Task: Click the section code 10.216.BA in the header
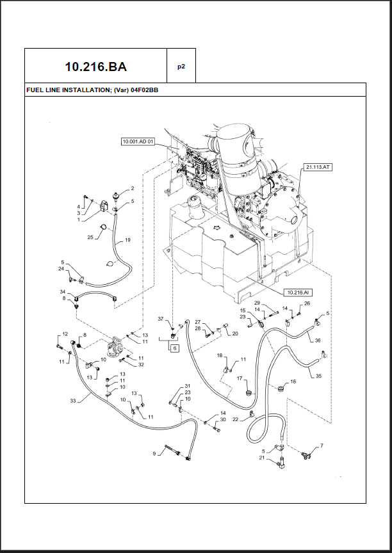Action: coord(95,67)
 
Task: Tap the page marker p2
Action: coord(181,67)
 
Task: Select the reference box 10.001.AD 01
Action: coord(138,142)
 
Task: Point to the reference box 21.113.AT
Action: coord(318,167)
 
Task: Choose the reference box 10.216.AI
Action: coord(298,293)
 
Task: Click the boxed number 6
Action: coord(174,348)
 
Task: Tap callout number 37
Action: coord(161,319)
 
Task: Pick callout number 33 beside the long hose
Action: coord(72,401)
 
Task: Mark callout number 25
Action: coord(90,237)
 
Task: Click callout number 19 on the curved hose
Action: coord(127,240)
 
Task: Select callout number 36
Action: coord(318,341)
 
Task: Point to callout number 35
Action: coord(318,376)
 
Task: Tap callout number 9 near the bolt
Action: coord(154,454)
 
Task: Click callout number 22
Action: coord(235,419)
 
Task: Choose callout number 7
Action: coord(322,445)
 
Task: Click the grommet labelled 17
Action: coord(249,392)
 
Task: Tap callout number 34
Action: coord(63,292)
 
